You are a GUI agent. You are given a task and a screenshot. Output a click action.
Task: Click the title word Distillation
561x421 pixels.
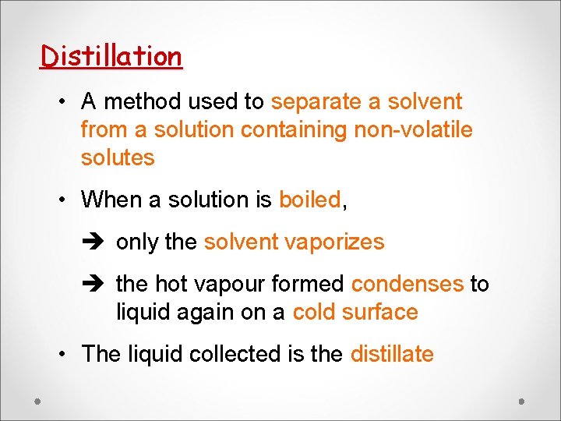point(111,56)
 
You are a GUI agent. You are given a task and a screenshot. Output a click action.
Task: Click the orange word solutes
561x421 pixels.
point(118,157)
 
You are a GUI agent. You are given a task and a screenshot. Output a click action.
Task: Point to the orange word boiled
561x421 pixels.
point(309,200)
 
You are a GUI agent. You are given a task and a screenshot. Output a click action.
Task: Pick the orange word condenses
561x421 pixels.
point(407,284)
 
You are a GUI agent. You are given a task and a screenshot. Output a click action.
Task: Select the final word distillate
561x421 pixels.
point(392,354)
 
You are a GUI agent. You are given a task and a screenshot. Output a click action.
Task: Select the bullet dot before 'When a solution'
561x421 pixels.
point(61,200)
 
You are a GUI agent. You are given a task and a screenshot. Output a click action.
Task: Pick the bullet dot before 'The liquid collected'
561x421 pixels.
point(61,355)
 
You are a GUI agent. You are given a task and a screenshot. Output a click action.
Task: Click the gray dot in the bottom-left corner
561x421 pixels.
point(38,401)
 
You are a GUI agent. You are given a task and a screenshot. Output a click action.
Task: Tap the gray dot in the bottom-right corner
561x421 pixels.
point(522,401)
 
